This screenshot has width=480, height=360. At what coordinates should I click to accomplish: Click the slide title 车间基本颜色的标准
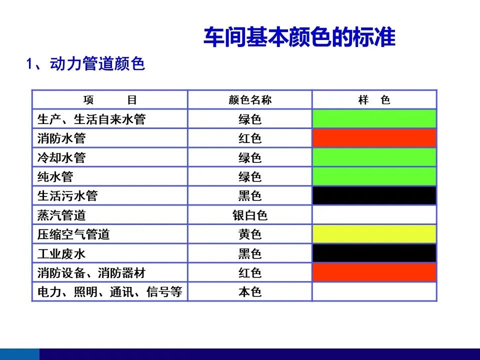pos(299,37)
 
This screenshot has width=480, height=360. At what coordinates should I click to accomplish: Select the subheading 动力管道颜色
pos(97,64)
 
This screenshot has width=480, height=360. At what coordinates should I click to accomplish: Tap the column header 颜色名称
pos(250,100)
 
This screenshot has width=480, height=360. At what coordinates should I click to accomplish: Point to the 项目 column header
pos(110,100)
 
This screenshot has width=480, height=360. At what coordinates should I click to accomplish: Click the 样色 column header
pos(374,100)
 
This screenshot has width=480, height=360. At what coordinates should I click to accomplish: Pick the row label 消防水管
pos(61,138)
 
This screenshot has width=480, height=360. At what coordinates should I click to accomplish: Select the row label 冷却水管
pos(61,157)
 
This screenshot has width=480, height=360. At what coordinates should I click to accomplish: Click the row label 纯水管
pos(55,177)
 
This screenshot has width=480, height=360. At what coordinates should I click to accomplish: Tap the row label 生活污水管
pos(67,196)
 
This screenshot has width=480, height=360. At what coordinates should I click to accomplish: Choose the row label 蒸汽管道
pos(61,215)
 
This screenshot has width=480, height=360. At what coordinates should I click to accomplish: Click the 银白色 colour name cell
pos(250,215)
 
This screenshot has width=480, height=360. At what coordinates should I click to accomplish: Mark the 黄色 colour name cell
pos(250,234)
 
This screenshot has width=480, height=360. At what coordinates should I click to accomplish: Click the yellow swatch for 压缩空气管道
pos(374,234)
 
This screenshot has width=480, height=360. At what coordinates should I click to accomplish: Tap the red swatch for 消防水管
pos(374,138)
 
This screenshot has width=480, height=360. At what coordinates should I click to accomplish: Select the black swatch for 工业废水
pos(374,253)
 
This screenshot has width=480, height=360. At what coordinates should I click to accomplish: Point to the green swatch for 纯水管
pos(374,176)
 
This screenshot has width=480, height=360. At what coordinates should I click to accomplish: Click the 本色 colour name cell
pos(250,292)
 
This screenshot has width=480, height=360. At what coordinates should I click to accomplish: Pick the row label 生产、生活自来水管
pos(91,119)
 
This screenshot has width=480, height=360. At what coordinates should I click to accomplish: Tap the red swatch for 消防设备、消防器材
pos(374,272)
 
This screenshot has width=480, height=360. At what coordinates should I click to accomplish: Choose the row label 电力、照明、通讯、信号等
pos(109,291)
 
